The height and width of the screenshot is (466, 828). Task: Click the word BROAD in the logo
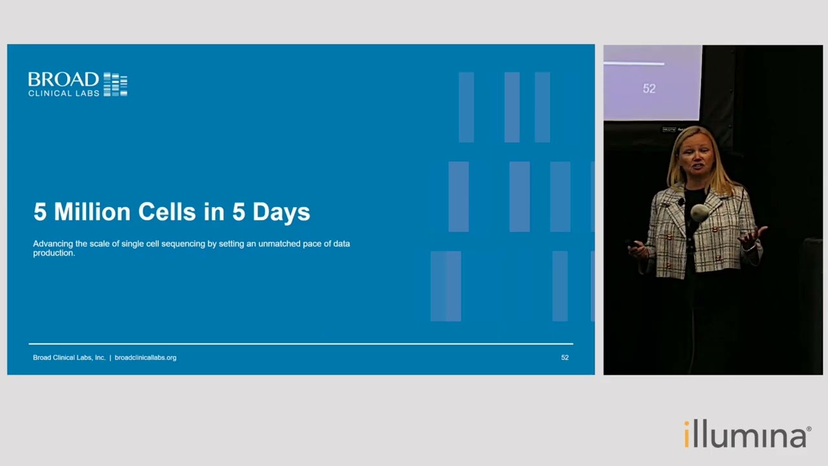tap(63, 80)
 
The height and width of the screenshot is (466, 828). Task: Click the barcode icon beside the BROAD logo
tap(115, 84)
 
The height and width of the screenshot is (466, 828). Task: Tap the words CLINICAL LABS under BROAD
tap(63, 93)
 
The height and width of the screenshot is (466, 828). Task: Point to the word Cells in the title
tap(167, 212)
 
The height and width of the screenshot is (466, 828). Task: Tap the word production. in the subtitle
tap(54, 253)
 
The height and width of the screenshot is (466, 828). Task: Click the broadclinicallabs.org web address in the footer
tap(146, 358)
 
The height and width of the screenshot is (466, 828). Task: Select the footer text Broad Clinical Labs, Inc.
tap(69, 358)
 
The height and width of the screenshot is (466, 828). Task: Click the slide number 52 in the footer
tap(565, 358)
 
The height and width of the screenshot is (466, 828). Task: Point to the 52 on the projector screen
tap(649, 89)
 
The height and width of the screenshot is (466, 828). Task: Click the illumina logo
tap(747, 434)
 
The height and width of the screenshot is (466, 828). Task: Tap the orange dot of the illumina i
tap(686, 423)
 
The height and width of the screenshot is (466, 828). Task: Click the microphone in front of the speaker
tap(699, 213)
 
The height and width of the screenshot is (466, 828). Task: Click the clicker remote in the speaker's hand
tap(633, 244)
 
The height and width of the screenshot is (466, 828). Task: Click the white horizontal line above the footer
tap(301, 344)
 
